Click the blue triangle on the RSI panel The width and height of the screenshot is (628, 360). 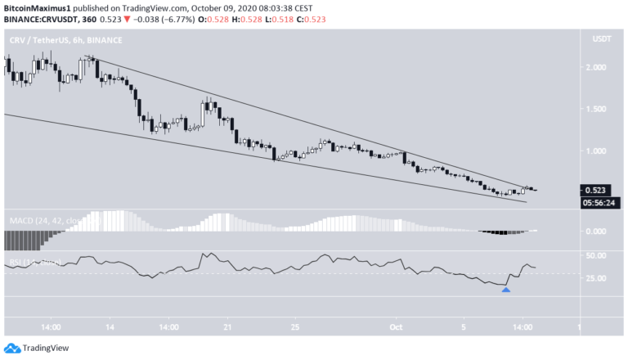(506, 289)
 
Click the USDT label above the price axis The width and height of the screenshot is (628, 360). (601, 39)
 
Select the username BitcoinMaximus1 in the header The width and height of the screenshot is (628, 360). (42, 6)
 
